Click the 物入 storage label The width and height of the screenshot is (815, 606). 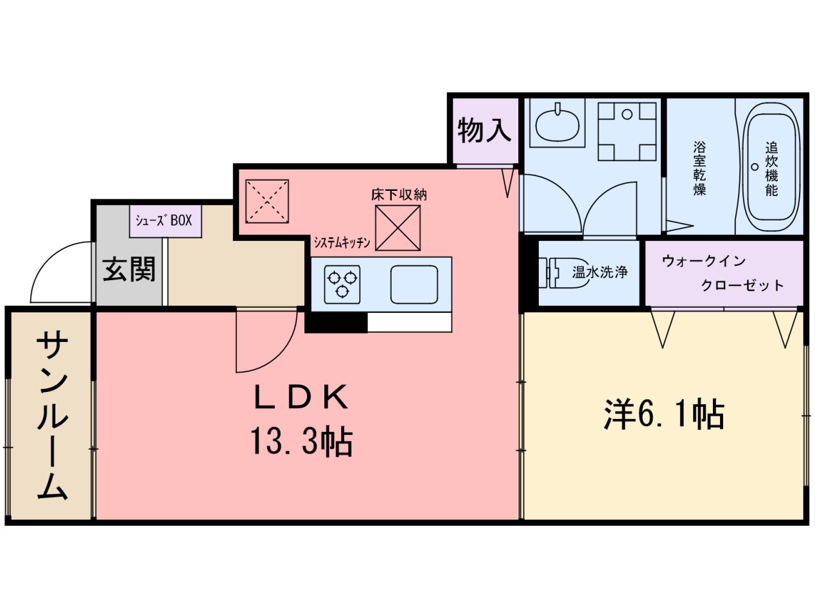(484, 131)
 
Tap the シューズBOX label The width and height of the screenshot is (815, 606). (163, 220)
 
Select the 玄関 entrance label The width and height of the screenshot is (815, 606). (129, 270)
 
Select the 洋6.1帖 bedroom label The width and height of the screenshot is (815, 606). (664, 414)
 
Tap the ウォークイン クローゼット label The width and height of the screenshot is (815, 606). (723, 273)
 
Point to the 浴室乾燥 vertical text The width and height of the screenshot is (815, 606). (699, 168)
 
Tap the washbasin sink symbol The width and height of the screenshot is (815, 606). (557, 123)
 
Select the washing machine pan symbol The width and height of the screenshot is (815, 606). (627, 132)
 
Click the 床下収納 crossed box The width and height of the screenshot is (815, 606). (398, 227)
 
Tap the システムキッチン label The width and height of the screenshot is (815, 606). (342, 242)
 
